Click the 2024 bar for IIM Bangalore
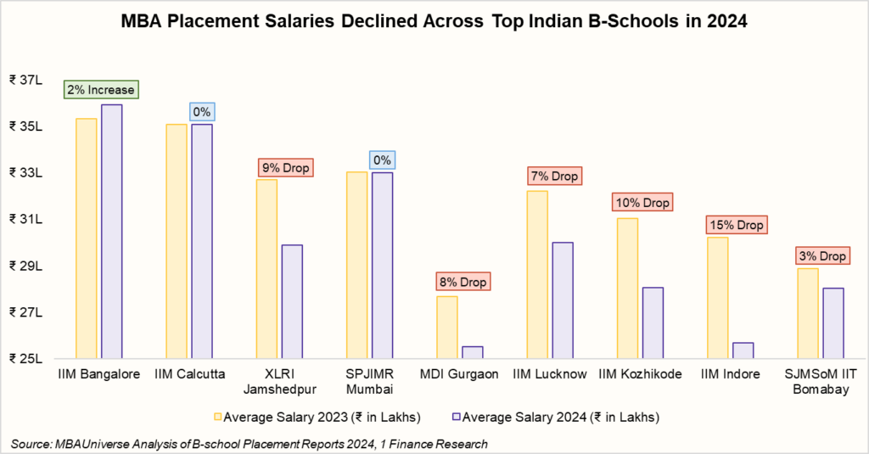pyautogui.click(x=111, y=231)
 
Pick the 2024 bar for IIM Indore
pyautogui.click(x=743, y=350)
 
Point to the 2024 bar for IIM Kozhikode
pyautogui.click(x=653, y=323)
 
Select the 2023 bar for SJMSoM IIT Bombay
pyautogui.click(x=808, y=313)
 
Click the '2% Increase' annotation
pyautogui.click(x=100, y=89)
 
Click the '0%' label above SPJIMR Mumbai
pyautogui.click(x=381, y=160)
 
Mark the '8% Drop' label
pyautogui.click(x=463, y=282)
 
